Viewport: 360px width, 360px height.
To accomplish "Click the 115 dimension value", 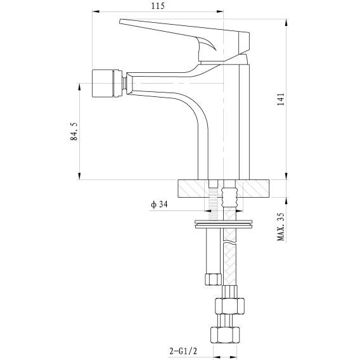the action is click(x=158, y=6).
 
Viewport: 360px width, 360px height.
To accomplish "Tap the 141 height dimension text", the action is click(x=281, y=99).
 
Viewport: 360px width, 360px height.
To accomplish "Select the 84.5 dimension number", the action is click(x=74, y=131).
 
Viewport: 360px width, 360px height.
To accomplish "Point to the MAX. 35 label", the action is click(x=281, y=226).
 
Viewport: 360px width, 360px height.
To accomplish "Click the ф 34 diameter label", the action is click(x=159, y=204).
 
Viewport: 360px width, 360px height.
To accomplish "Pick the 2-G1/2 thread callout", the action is click(x=183, y=351).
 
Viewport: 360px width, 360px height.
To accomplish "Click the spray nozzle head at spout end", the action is click(x=106, y=83).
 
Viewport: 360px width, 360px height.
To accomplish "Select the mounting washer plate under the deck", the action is click(x=223, y=224).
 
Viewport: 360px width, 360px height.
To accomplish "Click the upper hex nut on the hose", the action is click(x=229, y=306).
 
